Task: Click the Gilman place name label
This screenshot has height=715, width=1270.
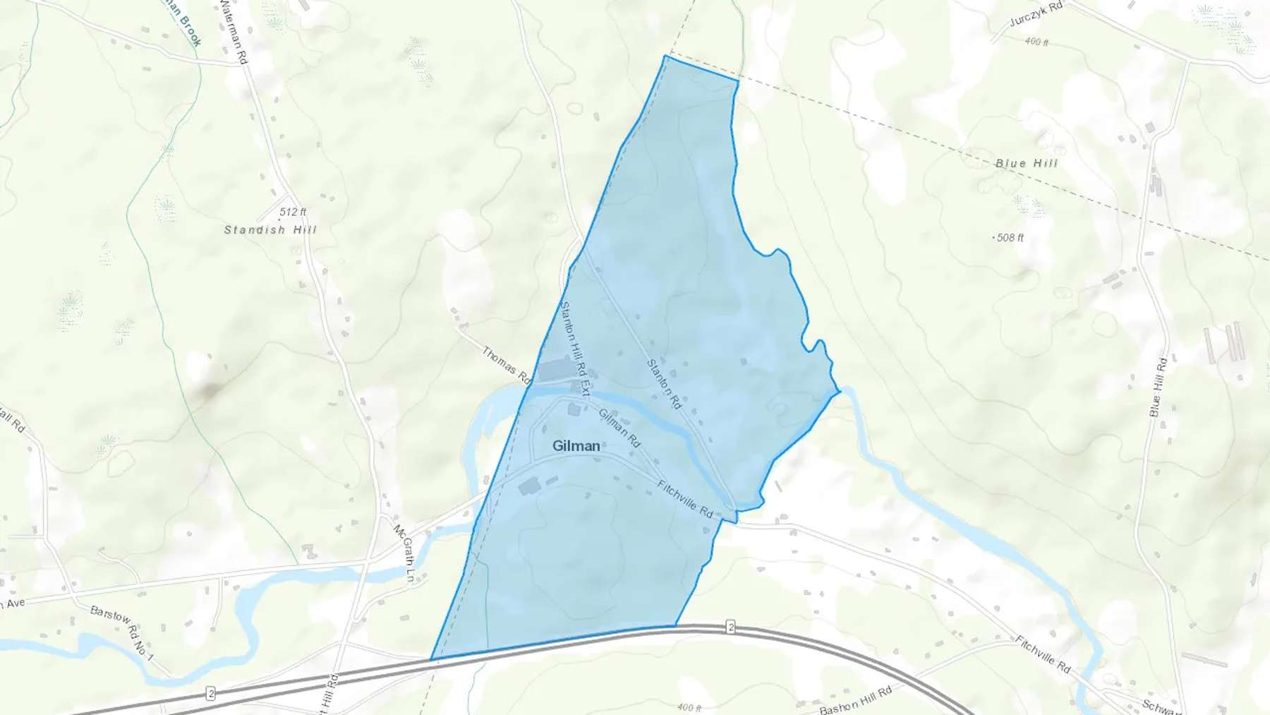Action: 576,446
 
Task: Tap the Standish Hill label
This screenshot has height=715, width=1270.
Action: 270,230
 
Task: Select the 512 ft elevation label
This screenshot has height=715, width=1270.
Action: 293,212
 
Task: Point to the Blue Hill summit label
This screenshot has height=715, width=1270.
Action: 1027,163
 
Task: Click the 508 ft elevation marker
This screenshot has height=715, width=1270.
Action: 1009,238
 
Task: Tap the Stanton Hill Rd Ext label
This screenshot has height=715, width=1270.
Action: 574,348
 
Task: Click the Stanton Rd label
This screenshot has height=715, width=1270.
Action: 664,385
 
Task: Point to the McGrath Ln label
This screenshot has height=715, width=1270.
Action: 403,553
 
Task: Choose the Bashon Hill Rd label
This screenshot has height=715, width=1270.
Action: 855,699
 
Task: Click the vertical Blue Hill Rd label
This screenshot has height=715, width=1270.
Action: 1159,387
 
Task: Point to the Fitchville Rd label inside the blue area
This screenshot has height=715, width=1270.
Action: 685,500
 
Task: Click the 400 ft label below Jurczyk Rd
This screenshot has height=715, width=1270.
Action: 1036,42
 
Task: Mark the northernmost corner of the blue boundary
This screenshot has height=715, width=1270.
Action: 665,56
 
